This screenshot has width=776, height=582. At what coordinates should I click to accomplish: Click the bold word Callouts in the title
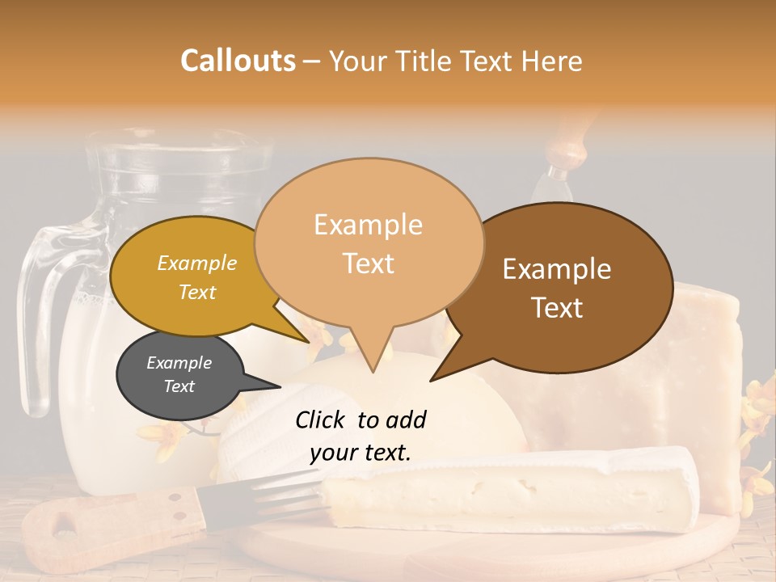tap(238, 61)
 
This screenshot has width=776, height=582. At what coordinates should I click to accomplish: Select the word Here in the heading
tap(550, 61)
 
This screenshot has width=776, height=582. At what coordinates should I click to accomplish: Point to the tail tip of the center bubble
tap(372, 371)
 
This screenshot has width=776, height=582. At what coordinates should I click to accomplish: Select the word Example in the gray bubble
tap(179, 363)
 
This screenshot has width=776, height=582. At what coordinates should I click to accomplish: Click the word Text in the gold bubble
tap(197, 292)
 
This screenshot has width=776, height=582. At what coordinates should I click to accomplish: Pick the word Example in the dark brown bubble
tap(557, 269)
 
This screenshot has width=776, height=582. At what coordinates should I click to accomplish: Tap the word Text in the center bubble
tap(369, 264)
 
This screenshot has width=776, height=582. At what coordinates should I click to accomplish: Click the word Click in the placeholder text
tap(322, 420)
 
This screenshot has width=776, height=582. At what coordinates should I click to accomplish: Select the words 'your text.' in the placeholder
tap(360, 453)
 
